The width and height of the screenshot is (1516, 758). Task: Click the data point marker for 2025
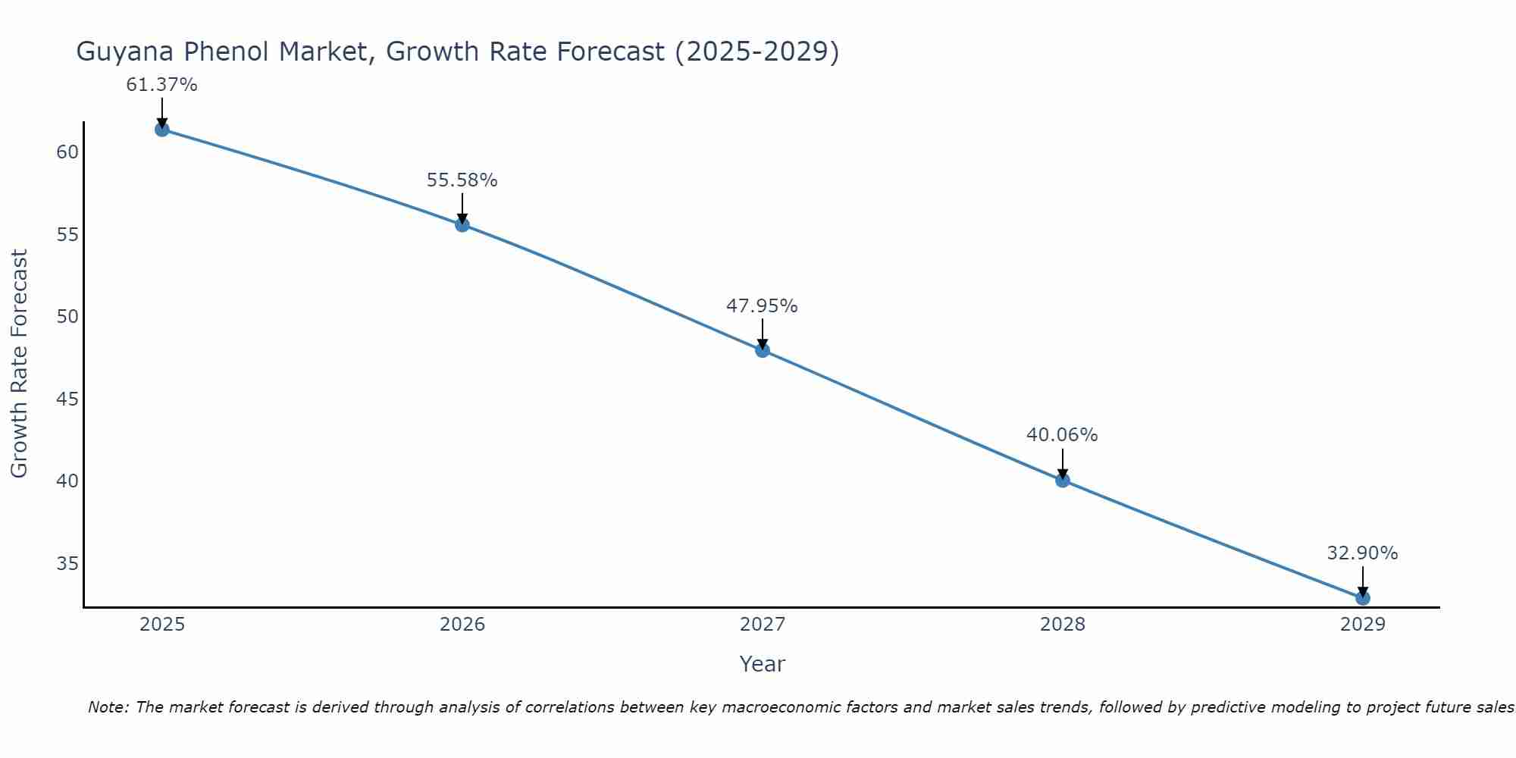pos(161,130)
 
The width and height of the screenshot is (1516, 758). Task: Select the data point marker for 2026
pos(462,224)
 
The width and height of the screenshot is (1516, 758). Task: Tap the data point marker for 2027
pos(763,350)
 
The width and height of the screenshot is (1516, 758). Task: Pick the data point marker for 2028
pos(1063,480)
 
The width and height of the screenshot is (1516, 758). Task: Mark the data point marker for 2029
pos(1363,598)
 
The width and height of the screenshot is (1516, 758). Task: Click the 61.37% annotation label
pos(161,85)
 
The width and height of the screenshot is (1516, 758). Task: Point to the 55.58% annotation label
pos(462,180)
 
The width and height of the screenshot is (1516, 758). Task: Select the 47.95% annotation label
pos(763,306)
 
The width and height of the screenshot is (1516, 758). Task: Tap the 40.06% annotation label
pos(1063,435)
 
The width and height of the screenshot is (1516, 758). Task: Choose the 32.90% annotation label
pos(1363,553)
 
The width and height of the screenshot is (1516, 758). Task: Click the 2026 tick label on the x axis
pos(462,625)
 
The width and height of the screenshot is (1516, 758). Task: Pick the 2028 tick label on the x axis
pos(1063,625)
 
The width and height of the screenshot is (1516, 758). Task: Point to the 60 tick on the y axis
pos(67,152)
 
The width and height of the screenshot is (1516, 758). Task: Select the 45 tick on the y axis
pos(67,399)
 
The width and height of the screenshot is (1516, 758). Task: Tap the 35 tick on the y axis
pos(67,563)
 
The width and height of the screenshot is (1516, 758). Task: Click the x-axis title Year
pos(763,664)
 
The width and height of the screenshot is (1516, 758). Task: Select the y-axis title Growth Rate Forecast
pos(19,364)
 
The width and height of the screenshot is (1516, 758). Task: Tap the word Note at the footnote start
pos(108,708)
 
